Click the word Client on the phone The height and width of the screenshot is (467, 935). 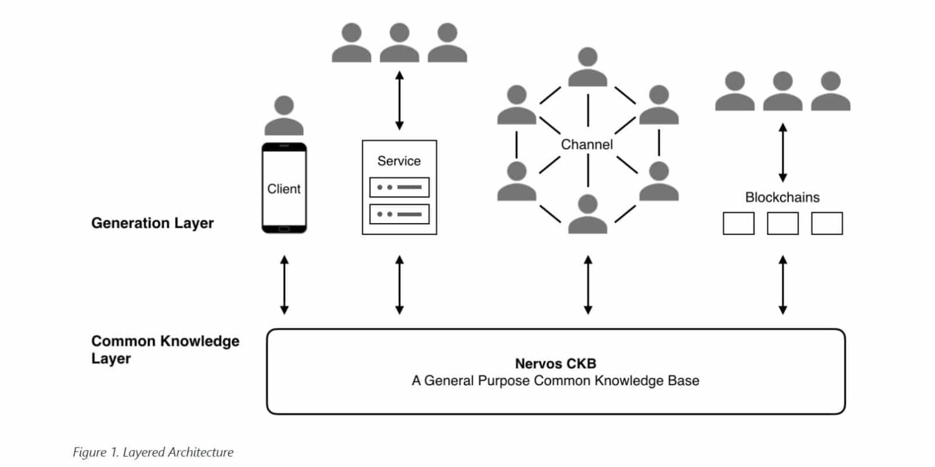(x=283, y=189)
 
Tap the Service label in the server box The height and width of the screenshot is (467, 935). (x=399, y=161)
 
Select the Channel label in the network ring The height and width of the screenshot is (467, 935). (x=587, y=144)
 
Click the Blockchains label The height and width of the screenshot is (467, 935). (x=782, y=197)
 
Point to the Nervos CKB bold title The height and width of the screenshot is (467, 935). (x=555, y=364)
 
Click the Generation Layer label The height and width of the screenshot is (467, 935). (x=153, y=223)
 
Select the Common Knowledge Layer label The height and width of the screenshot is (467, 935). (x=164, y=349)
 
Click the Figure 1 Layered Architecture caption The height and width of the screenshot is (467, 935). (x=153, y=452)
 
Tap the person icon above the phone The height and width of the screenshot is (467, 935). (x=284, y=116)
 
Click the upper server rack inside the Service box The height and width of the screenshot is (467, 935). (x=399, y=187)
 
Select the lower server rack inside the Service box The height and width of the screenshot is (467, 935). (x=399, y=214)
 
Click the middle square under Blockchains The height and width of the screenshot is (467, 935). (x=782, y=224)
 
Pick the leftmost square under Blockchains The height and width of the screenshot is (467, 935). (x=738, y=224)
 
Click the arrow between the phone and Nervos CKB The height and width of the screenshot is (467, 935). (x=284, y=285)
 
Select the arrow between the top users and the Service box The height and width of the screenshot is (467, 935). (x=399, y=100)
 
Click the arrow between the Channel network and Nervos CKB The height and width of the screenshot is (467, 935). (x=588, y=285)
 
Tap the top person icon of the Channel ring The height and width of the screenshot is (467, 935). (x=587, y=67)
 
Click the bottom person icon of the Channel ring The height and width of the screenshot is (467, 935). (x=587, y=214)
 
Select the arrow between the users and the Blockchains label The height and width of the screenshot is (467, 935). (x=782, y=152)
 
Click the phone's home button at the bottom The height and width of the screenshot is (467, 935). (x=284, y=229)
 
